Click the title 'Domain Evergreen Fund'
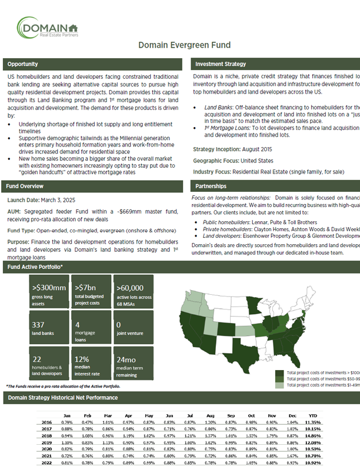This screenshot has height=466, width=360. click(184, 45)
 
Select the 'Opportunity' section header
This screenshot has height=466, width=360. click(23, 64)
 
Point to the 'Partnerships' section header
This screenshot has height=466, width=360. click(210, 187)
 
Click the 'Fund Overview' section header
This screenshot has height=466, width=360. click(25, 187)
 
